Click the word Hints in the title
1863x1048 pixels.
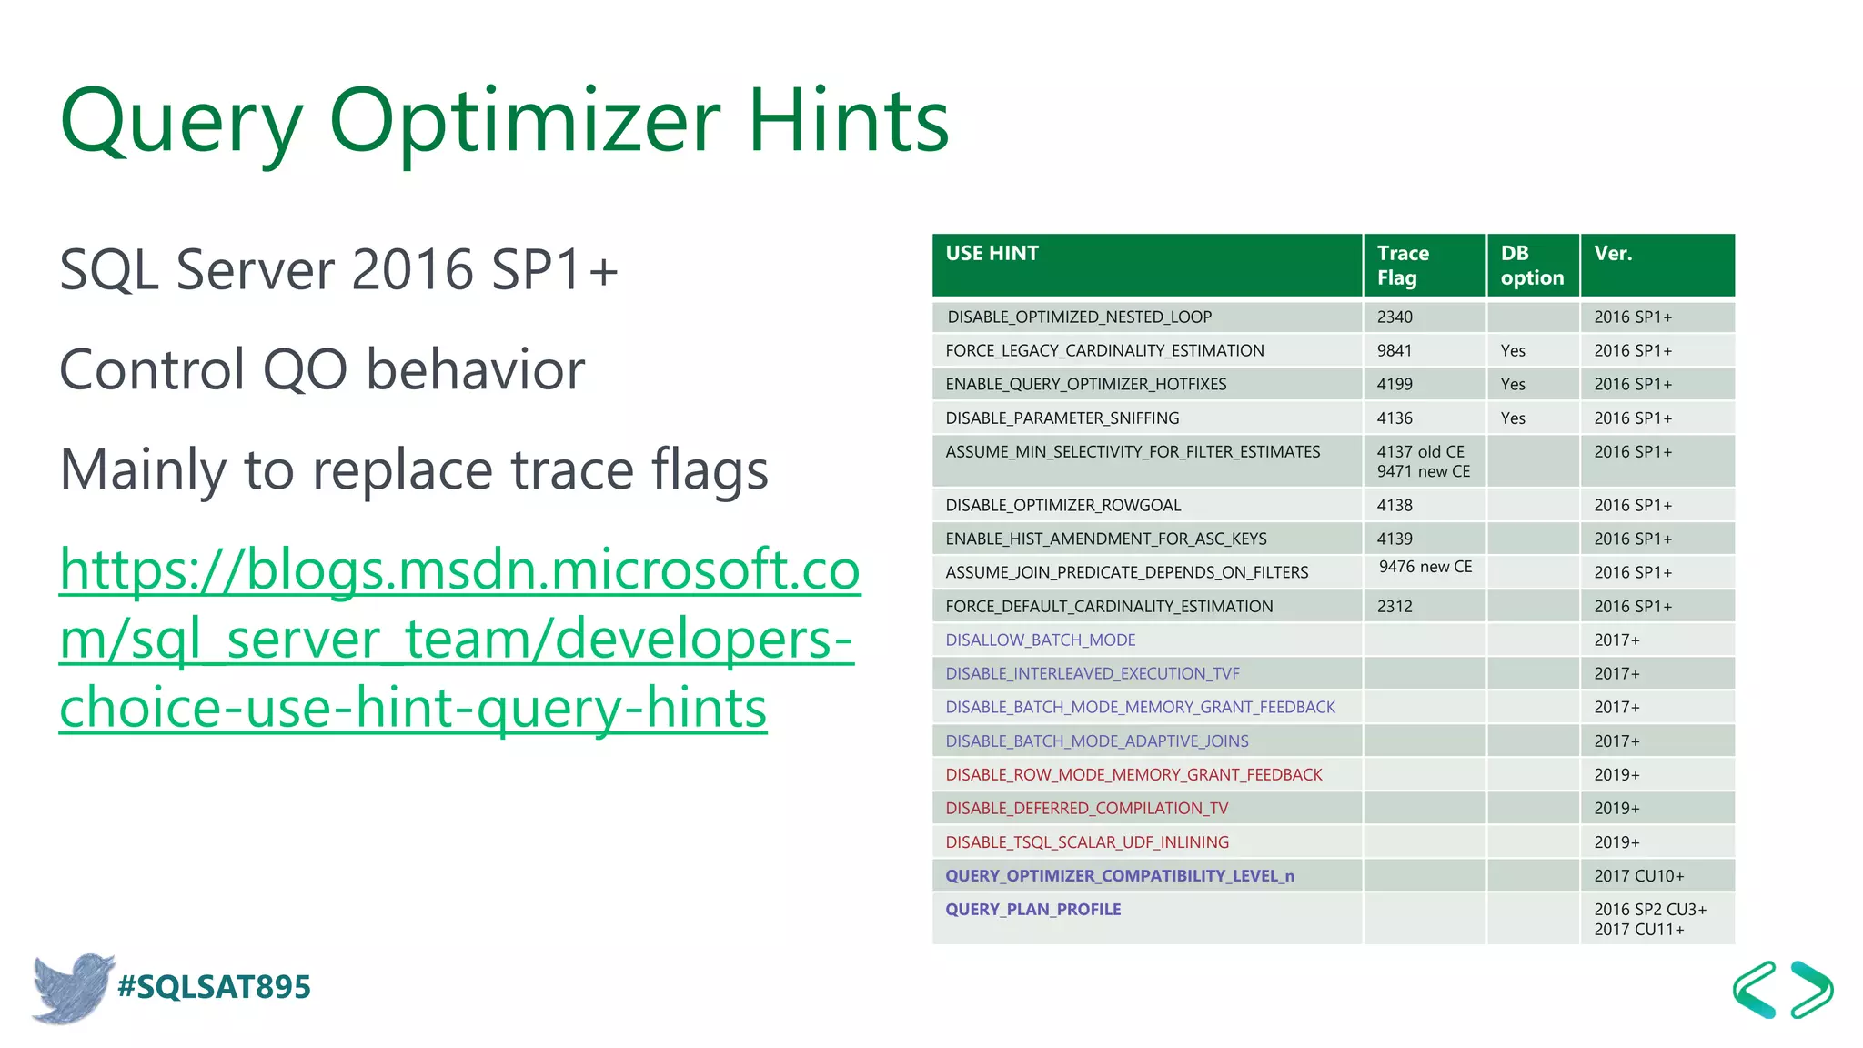[848, 121]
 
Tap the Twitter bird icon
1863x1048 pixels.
[71, 988]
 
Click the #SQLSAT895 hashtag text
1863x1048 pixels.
[214, 987]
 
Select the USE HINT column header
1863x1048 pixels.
[992, 254]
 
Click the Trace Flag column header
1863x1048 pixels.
[1403, 265]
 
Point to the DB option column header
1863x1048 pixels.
[1531, 265]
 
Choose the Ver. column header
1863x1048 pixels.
[1613, 254]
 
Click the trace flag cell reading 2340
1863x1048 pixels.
[1395, 317]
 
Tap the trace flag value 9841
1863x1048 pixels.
[1395, 350]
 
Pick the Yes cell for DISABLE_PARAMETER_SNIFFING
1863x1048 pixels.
[1513, 418]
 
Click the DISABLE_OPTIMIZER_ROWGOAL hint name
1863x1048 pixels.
[1062, 505]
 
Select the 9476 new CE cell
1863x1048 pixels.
[1425, 567]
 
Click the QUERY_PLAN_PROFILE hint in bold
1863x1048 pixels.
[1032, 909]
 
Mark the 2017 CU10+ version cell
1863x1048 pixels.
[1638, 876]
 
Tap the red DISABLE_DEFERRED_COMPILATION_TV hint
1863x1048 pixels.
[1086, 808]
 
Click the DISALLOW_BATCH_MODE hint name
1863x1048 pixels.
[1040, 640]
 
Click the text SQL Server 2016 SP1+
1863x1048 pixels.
[338, 270]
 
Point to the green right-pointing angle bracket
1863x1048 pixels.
[1811, 989]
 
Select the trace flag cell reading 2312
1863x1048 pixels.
[1395, 606]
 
